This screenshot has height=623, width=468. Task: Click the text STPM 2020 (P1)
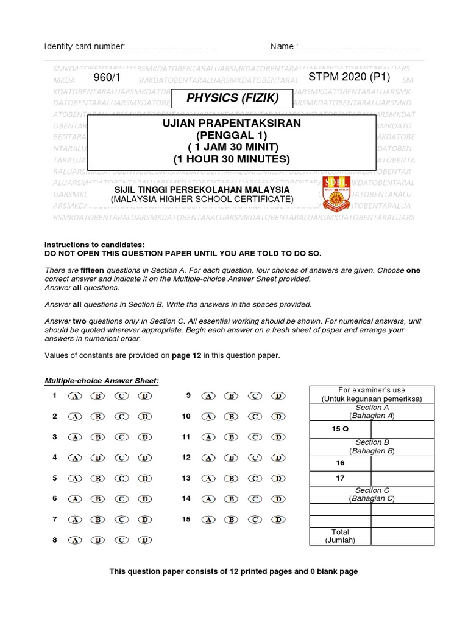[349, 77]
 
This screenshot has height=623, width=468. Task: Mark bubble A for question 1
[76, 396]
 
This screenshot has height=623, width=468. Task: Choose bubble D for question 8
[144, 540]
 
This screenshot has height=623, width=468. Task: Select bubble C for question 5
[122, 479]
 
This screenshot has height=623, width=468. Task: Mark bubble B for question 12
[232, 458]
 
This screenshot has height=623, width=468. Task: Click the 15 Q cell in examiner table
[340, 429]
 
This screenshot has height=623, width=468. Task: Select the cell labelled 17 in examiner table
[340, 478]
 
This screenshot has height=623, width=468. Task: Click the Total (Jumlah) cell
[340, 536]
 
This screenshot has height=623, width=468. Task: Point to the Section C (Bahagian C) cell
[372, 494]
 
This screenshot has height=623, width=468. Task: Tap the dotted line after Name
[360, 47]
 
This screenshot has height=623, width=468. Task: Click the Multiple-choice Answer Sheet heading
[102, 381]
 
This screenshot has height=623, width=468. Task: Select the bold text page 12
[175, 355]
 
